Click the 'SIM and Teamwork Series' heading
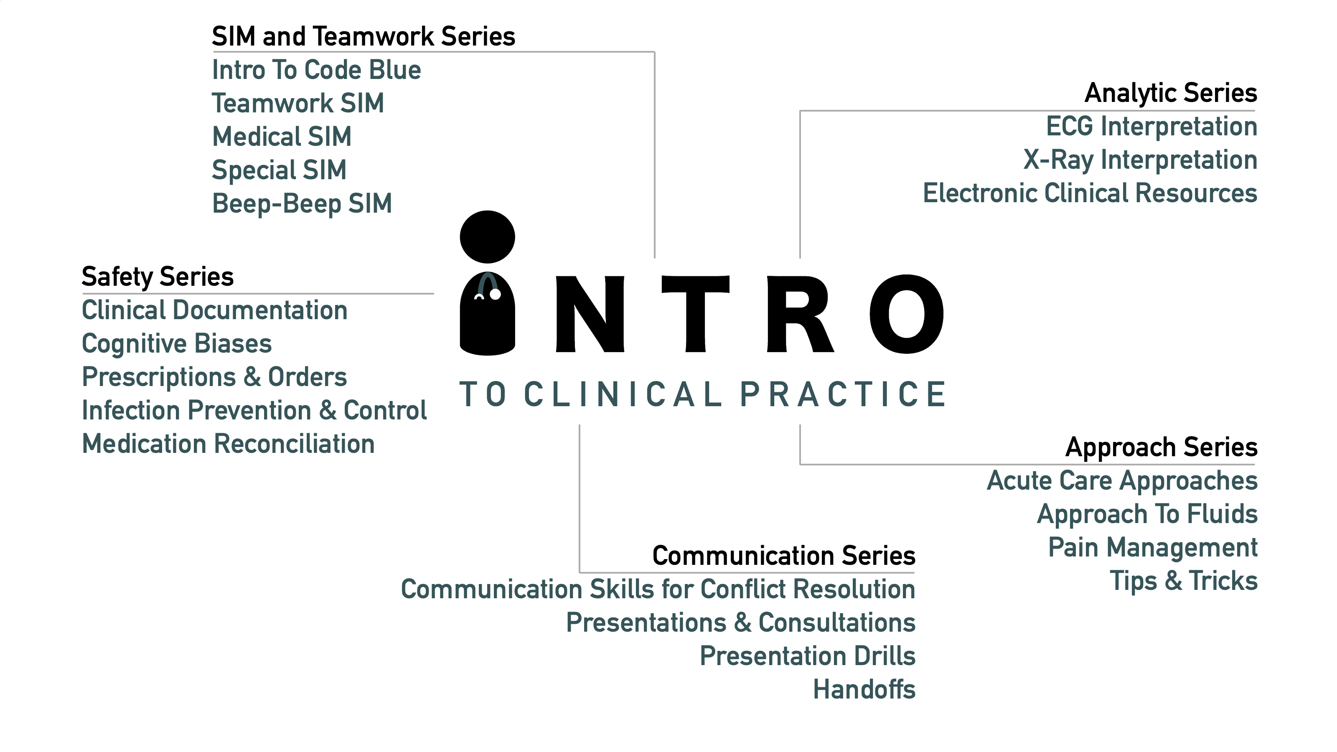coord(363,36)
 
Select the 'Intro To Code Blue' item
coord(317,70)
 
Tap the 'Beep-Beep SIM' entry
coord(302,203)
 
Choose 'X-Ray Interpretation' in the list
coord(1140,160)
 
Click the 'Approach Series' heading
coord(1162,447)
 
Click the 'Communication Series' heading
coord(784,556)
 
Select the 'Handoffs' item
coord(864,690)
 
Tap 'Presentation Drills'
coord(808,656)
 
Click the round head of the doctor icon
coord(487,236)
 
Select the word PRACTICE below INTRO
coord(843,394)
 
